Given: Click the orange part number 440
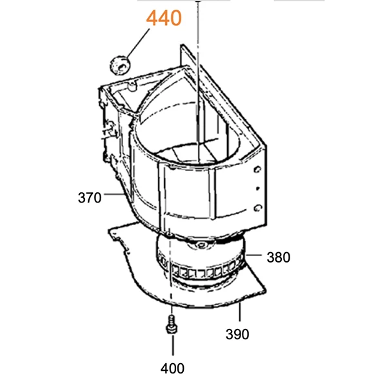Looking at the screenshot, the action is tap(164, 18).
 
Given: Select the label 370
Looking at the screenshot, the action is tap(90, 198).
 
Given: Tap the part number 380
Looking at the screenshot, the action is tap(279, 257).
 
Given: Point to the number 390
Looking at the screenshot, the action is tap(237, 334).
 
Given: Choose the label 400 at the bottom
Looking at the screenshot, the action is tap(172, 368).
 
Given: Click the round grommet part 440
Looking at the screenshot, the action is tap(120, 65).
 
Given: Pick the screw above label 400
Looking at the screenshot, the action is tap(172, 324).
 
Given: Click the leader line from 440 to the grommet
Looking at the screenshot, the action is tap(138, 44).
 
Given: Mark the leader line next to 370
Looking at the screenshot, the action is tap(114, 194).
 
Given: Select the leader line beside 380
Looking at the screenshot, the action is tap(253, 255).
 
